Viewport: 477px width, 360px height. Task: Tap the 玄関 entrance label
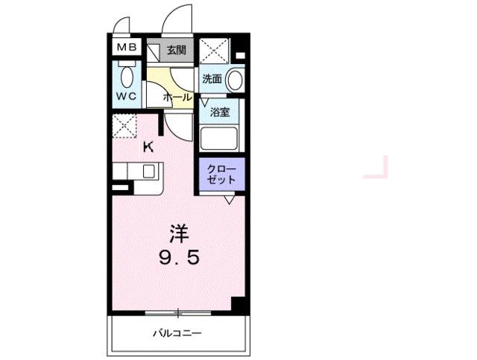(x=176, y=51)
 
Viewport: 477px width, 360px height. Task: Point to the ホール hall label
(x=177, y=98)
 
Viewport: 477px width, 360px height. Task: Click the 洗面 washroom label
(x=211, y=77)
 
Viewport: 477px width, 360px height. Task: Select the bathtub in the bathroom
(x=218, y=139)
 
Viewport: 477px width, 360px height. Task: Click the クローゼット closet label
(x=221, y=174)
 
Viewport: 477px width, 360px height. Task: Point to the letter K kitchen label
(x=148, y=147)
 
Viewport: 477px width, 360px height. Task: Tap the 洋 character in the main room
(x=177, y=233)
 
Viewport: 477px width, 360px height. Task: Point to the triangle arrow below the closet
(x=230, y=199)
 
